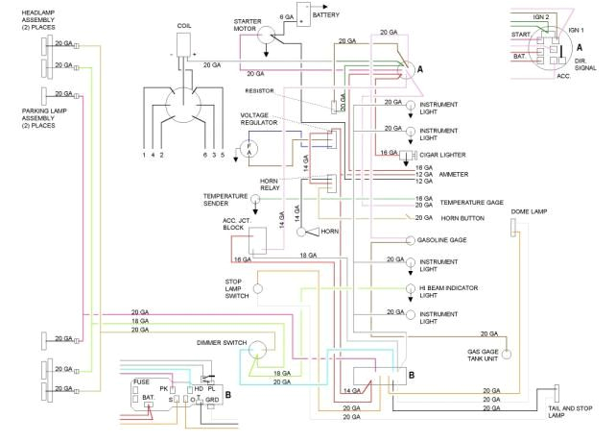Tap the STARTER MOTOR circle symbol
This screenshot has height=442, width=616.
point(272,32)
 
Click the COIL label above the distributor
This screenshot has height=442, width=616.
point(184,26)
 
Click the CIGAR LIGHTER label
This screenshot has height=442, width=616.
point(441,154)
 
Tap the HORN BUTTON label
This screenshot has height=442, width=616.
point(462,218)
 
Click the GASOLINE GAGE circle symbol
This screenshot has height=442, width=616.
point(410,239)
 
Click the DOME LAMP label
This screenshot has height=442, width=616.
point(529,210)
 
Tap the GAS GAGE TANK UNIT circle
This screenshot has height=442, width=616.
point(508,355)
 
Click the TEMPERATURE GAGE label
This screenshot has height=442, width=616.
point(470,203)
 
